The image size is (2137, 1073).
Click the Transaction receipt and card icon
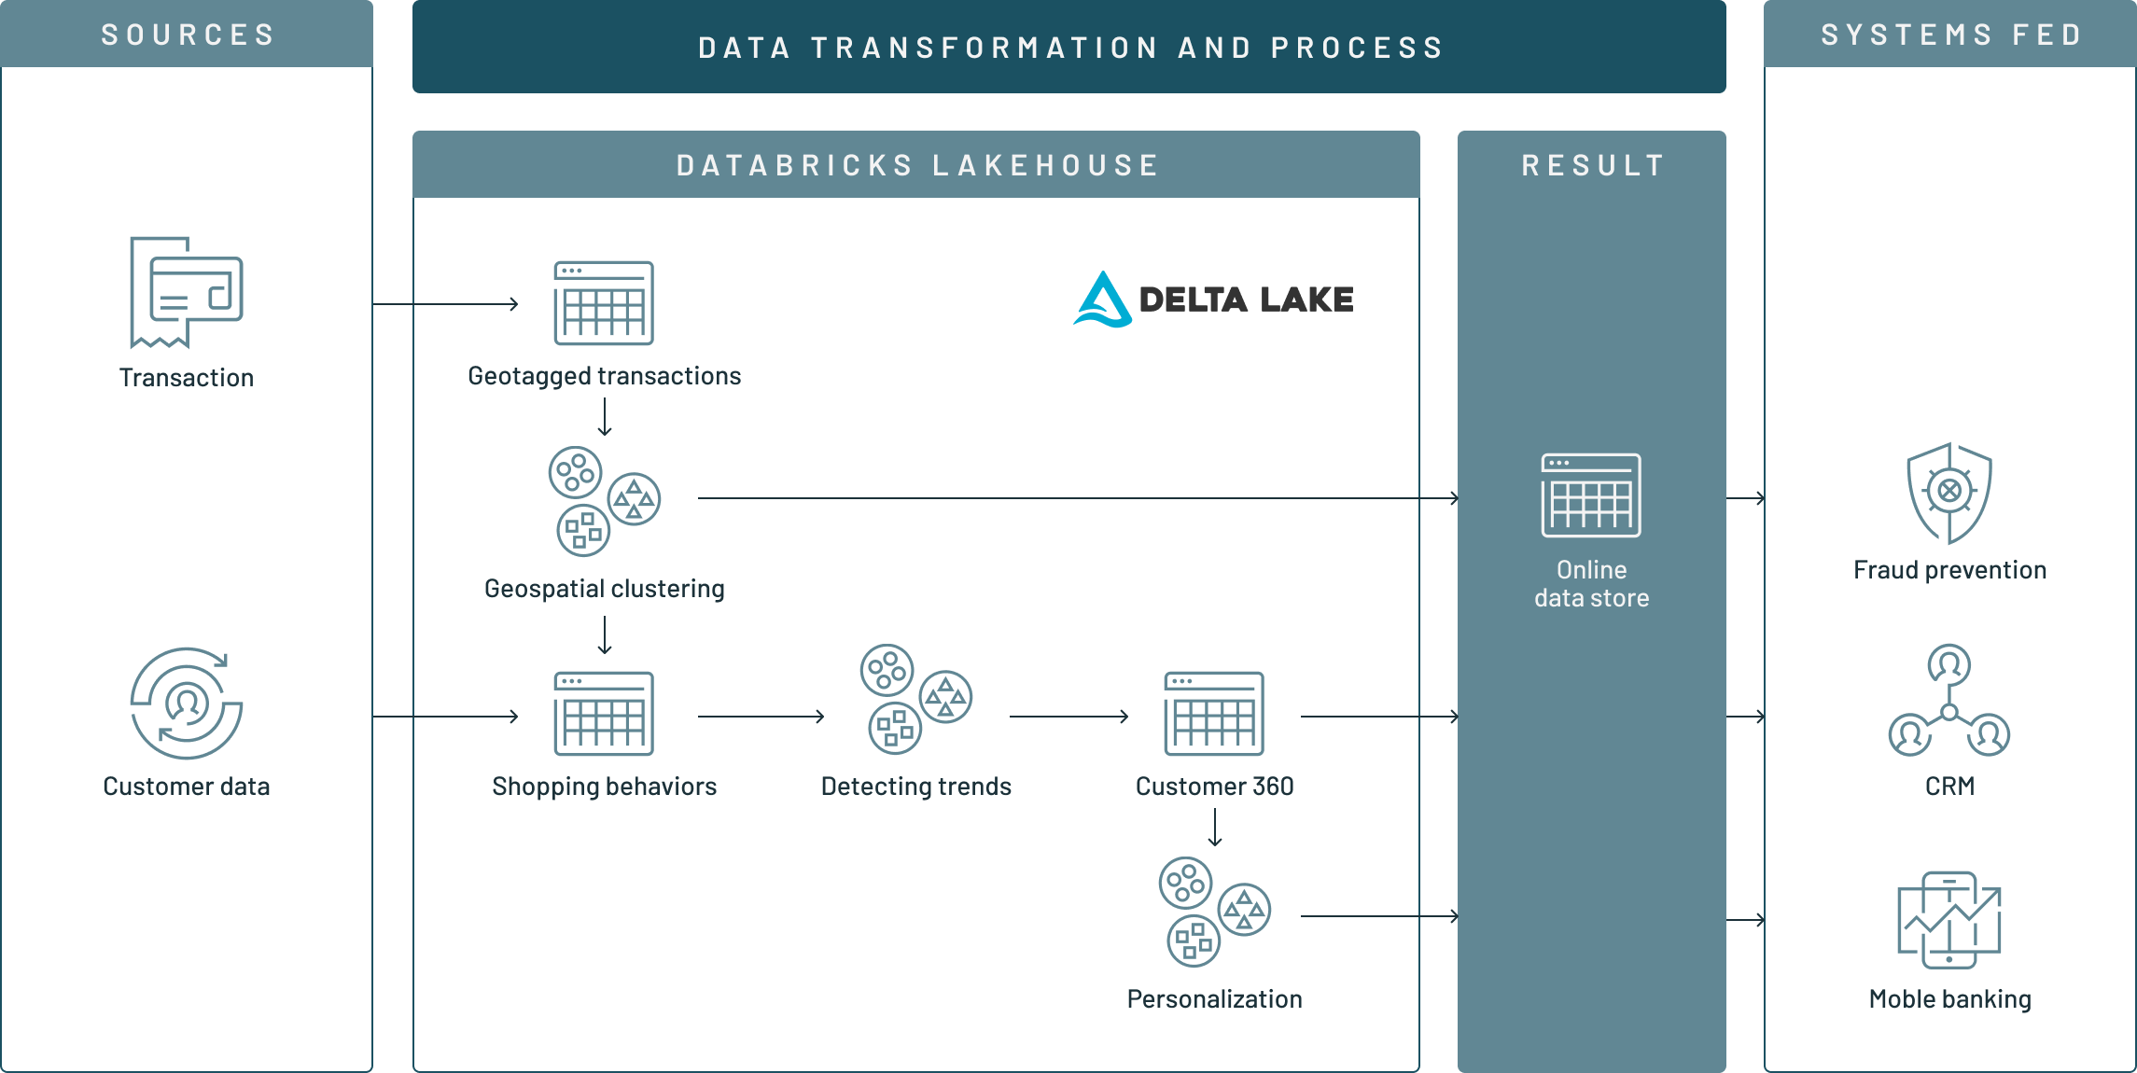point(187,292)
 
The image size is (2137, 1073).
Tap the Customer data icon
point(187,704)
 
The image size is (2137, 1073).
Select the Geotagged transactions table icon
point(604,303)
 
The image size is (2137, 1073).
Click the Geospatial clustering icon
point(604,501)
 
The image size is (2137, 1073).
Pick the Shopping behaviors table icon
point(604,714)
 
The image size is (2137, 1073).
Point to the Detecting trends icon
point(915,699)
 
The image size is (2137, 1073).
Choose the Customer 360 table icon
point(1214,714)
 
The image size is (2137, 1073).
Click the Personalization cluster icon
point(1214,912)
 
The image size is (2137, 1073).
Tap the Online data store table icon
point(1591,495)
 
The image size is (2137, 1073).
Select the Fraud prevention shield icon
point(1948,493)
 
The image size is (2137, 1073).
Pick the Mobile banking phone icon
point(1948,920)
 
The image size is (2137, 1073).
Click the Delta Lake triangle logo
point(1103,300)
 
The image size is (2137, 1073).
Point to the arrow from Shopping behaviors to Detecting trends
point(761,717)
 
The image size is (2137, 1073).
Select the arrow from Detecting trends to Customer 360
point(1068,717)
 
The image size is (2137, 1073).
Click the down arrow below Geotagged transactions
point(605,417)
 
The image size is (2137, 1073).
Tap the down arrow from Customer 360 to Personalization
point(1214,828)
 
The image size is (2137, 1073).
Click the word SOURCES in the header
point(188,35)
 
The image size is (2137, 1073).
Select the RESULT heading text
point(1593,166)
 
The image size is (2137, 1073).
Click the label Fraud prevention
point(1949,570)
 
